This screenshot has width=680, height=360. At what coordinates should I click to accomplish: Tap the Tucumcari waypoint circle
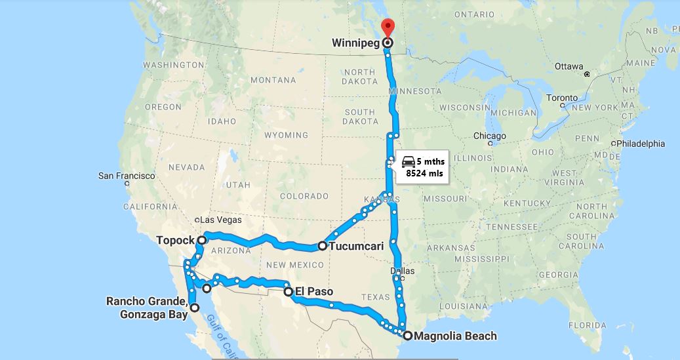click(323, 247)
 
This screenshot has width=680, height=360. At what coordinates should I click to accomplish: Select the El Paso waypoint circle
click(289, 292)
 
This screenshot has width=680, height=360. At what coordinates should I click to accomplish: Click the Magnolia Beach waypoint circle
click(408, 336)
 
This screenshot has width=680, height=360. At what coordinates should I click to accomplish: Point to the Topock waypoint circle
click(202, 240)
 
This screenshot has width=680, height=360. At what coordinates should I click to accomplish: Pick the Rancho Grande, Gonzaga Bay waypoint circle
click(195, 307)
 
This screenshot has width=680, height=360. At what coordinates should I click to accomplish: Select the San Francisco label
click(127, 176)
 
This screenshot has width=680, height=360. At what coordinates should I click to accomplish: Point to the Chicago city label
click(490, 136)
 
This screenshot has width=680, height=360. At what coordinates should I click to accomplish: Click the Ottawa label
click(568, 66)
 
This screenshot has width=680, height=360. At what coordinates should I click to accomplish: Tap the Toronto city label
click(562, 98)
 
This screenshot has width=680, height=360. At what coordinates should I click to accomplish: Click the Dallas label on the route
click(402, 270)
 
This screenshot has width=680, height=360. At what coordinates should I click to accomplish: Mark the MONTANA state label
click(273, 80)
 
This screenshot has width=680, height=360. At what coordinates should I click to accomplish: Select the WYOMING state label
click(286, 135)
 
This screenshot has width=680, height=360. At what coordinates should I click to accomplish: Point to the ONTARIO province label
click(474, 14)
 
